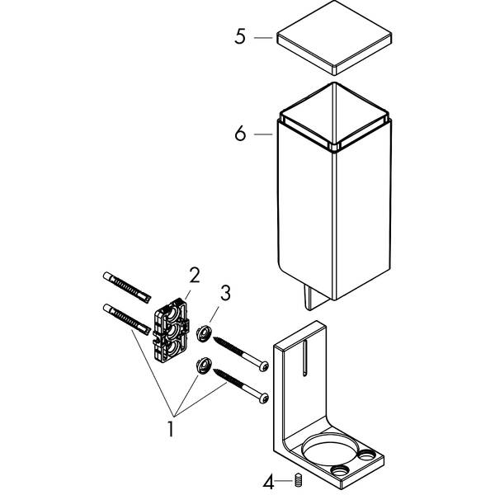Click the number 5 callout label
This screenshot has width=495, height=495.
tap(240, 38)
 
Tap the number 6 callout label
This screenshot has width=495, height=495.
tap(240, 133)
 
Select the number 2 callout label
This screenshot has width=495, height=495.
tap(195, 274)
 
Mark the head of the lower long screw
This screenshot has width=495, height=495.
tap(263, 398)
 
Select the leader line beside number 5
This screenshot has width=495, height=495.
tap(264, 38)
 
